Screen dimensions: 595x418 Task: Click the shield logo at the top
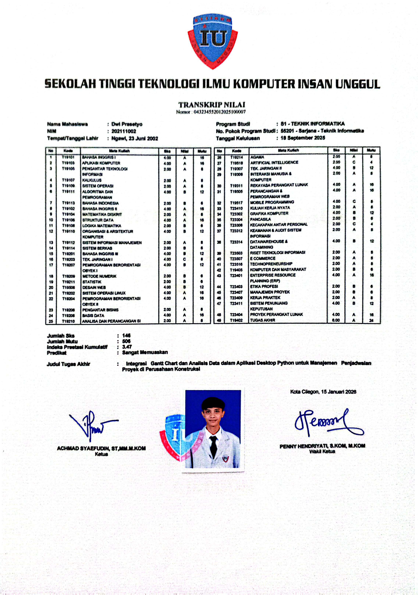coord(213,42)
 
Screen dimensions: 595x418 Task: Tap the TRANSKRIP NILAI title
coord(211,105)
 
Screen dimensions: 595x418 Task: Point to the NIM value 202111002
coord(124,131)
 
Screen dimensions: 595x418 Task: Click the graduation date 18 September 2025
coord(303,138)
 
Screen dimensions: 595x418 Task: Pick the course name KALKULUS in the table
coord(92,180)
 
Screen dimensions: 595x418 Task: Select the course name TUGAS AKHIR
coord(262,320)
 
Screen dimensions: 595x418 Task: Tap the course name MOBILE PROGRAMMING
coord(272,202)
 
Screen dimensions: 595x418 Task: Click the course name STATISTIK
coord(92,282)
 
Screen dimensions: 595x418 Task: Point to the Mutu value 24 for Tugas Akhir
coord(371,320)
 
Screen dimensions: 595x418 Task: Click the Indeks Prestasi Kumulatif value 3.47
coord(127,347)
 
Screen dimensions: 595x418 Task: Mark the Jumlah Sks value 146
coord(126,336)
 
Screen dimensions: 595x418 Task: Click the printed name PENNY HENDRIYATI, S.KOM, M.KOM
coord(322,446)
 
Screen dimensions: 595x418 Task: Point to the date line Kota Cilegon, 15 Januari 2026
coord(323,392)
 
